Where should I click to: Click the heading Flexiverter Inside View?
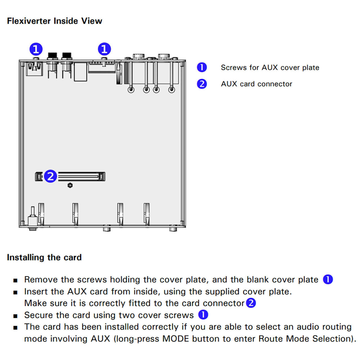tap(55, 21)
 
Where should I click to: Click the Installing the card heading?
tap(44, 257)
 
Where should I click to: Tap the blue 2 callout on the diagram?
tap(51, 176)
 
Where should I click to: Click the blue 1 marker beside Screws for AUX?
tap(202, 67)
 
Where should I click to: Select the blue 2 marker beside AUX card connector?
tap(202, 84)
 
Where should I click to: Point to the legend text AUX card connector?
tap(256, 84)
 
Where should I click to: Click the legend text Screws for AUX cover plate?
tap(270, 67)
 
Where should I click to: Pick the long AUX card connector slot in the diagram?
tap(81, 176)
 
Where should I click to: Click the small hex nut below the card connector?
tap(70, 185)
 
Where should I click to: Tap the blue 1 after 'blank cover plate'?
tap(328, 279)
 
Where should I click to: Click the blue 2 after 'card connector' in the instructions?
tap(251, 303)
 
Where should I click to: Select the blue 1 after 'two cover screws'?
tap(203, 315)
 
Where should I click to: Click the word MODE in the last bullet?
tap(176, 339)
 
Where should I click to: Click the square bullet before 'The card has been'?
tap(15, 328)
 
